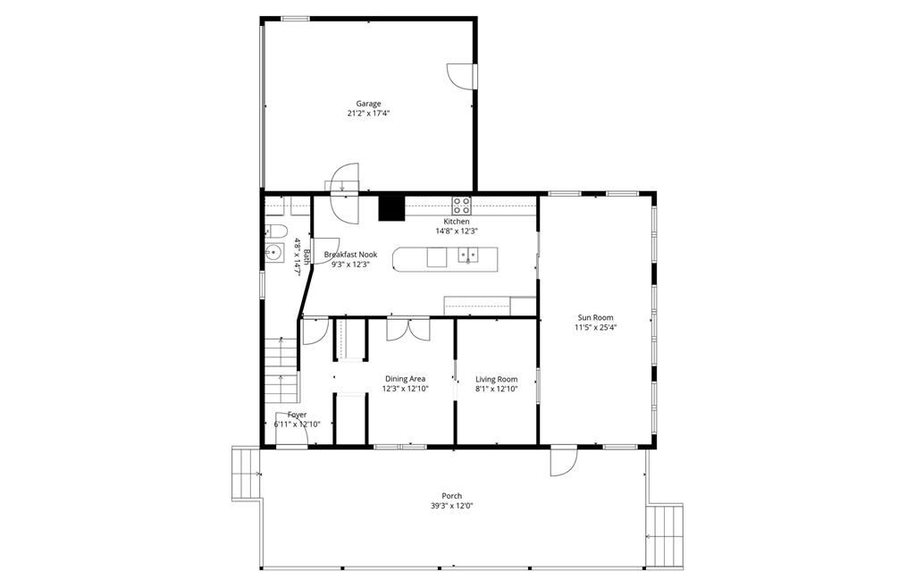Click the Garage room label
368,104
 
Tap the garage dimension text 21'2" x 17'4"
368,113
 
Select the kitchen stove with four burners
462,206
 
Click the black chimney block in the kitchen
391,208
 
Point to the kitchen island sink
467,255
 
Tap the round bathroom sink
273,253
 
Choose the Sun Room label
595,317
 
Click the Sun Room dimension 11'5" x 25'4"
595,327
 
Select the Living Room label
496,379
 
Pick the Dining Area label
405,379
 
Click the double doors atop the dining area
407,329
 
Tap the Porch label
451,496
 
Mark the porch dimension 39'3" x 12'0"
451,506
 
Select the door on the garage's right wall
461,76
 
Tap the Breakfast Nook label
350,255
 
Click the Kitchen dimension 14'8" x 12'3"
457,231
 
